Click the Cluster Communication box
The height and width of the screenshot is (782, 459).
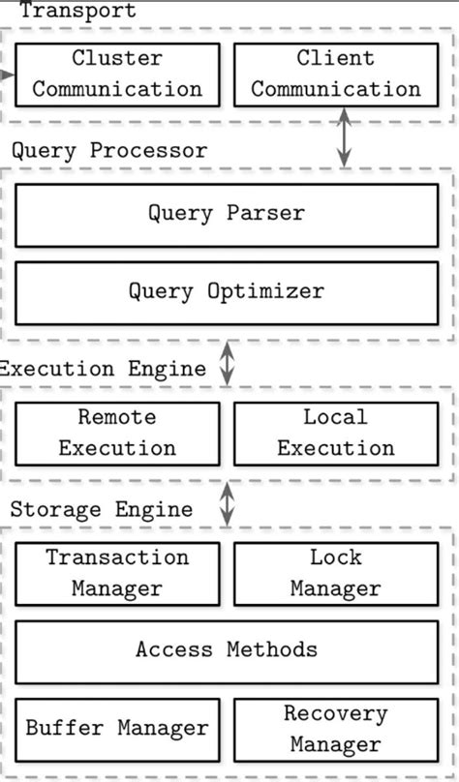[x=117, y=75]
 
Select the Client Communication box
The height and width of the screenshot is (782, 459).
[x=336, y=75]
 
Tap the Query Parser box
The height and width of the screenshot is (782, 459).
[x=227, y=216]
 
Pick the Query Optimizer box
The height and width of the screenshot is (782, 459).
[x=227, y=293]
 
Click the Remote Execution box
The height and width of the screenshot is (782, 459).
[x=117, y=434]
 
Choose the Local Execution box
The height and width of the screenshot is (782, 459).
[x=336, y=434]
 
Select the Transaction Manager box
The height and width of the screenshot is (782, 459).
[x=117, y=574]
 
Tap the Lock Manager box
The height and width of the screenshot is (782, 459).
[x=336, y=574]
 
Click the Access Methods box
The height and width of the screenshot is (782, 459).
[x=227, y=652]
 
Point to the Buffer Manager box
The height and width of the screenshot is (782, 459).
[x=117, y=730]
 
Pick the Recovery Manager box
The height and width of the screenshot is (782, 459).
[x=336, y=730]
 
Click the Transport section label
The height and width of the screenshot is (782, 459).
[x=77, y=10]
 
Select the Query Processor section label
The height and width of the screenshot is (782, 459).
[x=109, y=151]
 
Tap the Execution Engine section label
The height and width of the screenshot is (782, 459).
[x=103, y=369]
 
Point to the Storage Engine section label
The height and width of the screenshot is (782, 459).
[x=102, y=510]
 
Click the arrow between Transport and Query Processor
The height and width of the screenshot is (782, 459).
[x=344, y=136]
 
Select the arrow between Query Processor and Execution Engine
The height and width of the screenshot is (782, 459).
[x=227, y=363]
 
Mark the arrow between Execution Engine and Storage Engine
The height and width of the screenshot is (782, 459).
[x=227, y=503]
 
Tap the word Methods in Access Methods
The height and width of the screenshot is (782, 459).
[x=272, y=649]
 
